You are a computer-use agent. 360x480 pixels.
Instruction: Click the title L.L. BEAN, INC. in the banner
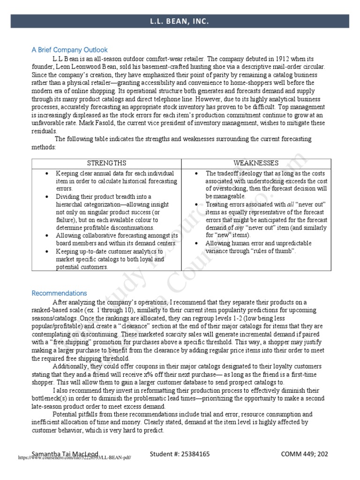coord(180,21)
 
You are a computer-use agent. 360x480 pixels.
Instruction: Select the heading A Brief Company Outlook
coord(69,50)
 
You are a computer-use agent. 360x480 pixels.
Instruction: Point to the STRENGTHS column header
coord(106,163)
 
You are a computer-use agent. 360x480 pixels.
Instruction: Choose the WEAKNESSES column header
coord(256,163)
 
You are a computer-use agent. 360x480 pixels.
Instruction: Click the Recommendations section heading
coord(59,293)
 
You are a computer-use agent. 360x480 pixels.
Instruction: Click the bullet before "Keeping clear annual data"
coord(47,173)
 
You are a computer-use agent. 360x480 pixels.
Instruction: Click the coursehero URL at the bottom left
coord(75,458)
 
